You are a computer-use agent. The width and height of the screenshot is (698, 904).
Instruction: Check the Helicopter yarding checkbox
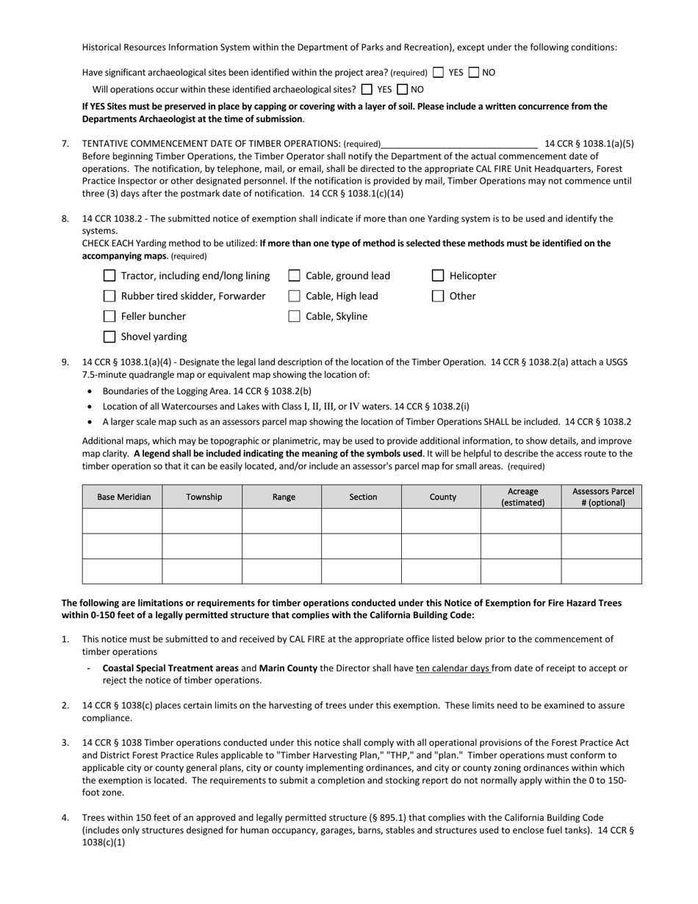pos(438,276)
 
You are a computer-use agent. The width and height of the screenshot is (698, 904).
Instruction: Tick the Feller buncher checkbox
pos(109,316)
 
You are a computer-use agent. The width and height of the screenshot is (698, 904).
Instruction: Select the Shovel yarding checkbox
pos(109,337)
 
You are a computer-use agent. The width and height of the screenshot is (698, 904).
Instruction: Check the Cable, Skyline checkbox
pos(294,316)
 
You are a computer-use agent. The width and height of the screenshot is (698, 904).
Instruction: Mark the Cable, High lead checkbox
pos(294,296)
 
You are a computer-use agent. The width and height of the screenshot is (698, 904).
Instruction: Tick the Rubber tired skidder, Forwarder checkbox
pos(109,296)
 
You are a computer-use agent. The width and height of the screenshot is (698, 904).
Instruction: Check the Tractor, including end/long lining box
pos(109,276)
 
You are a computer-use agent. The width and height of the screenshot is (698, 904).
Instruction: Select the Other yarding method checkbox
pos(438,296)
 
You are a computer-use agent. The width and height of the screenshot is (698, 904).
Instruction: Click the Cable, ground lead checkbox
pos(294,276)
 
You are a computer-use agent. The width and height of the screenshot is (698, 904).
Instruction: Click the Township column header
pos(204,497)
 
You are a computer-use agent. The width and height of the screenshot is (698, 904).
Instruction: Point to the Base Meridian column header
pos(123,497)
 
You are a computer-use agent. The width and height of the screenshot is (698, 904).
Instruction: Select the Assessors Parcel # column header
pos(602,497)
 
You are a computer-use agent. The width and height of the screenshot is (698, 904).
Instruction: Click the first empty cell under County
pos(442,521)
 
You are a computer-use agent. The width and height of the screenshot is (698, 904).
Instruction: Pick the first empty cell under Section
pos(362,521)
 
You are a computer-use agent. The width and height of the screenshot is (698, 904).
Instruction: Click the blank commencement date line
pos(460,143)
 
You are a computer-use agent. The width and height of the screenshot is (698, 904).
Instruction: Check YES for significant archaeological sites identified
pos(439,73)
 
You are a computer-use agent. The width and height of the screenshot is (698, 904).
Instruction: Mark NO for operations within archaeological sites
pos(402,90)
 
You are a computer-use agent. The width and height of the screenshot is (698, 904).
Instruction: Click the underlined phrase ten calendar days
pos(453,668)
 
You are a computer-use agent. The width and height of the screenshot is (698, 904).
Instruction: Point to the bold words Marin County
pos(288,668)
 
